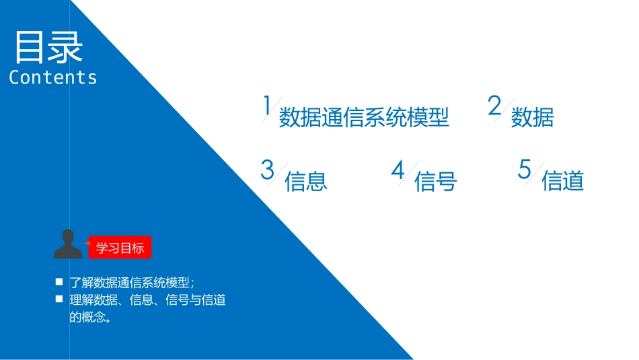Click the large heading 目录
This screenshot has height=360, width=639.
point(48,47)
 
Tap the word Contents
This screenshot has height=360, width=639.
point(53,77)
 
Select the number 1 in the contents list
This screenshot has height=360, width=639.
point(266,106)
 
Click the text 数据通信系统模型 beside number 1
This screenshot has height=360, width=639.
point(364,118)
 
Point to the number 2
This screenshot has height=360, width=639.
point(494,106)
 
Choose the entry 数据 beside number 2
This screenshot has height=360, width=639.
point(532,118)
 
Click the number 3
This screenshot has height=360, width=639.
point(268,170)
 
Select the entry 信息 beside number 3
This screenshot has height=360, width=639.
point(306,181)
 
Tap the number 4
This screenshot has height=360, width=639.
point(398,170)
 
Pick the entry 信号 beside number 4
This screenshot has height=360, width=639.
point(436,181)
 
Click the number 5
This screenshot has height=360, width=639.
point(525,169)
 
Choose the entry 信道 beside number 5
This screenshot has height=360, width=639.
point(562,181)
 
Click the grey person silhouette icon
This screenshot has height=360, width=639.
point(67,244)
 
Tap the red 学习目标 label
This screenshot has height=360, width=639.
point(120,248)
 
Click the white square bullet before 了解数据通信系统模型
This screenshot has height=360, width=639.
point(59,282)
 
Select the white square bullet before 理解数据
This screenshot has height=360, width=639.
point(59,299)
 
